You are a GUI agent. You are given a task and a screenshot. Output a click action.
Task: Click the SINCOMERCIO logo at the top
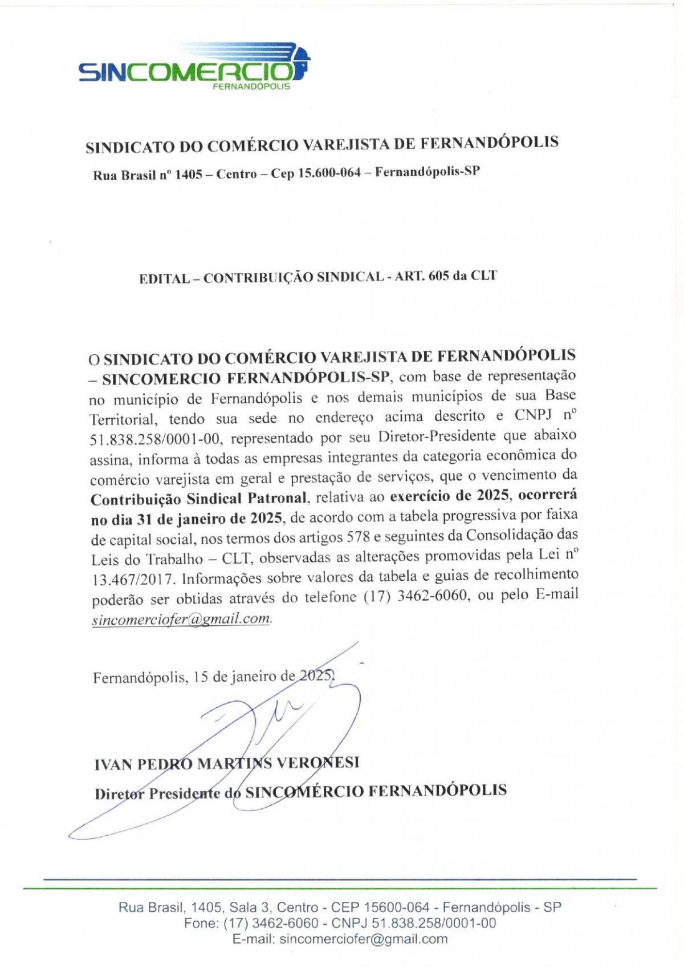(194, 66)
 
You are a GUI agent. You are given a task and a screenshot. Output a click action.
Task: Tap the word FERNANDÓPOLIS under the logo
(251, 87)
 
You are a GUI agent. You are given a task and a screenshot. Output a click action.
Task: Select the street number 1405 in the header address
(188, 175)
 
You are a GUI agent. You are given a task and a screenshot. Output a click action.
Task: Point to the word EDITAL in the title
(164, 279)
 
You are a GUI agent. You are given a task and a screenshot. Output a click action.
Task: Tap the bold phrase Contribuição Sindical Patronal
(199, 499)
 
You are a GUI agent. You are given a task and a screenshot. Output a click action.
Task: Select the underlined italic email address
(181, 620)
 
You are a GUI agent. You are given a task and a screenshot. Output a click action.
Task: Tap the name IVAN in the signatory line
(113, 764)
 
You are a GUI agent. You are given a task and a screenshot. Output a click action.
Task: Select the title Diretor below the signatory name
(119, 794)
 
